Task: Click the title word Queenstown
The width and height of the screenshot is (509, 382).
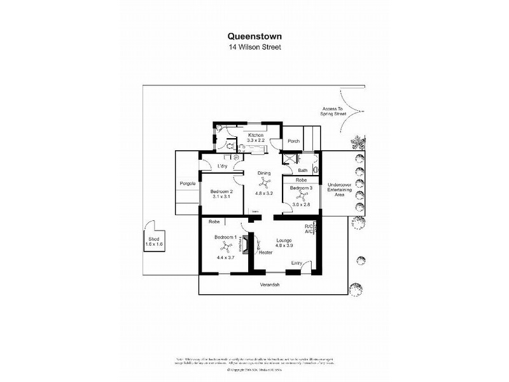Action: point(254,37)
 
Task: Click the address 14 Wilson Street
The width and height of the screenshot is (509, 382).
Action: point(254,47)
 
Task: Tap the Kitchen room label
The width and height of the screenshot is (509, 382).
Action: point(256,135)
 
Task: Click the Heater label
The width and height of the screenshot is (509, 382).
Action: point(265,253)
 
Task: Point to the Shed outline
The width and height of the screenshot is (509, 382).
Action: point(153,237)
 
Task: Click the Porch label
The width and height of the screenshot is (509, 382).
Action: point(293,141)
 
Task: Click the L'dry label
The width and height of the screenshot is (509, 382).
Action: point(223,167)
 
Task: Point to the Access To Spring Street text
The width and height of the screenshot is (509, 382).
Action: point(331,111)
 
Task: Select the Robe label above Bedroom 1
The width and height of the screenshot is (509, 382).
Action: point(214,222)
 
